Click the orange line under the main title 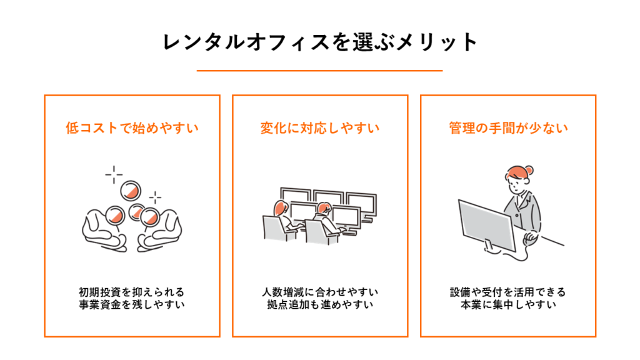click(319, 71)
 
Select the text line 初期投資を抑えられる click(132, 292)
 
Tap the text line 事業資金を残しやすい click(132, 306)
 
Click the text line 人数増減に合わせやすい click(320, 292)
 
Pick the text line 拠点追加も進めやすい click(320, 306)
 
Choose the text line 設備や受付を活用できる click(508, 292)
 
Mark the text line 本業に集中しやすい click(508, 306)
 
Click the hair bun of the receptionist click(531, 169)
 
